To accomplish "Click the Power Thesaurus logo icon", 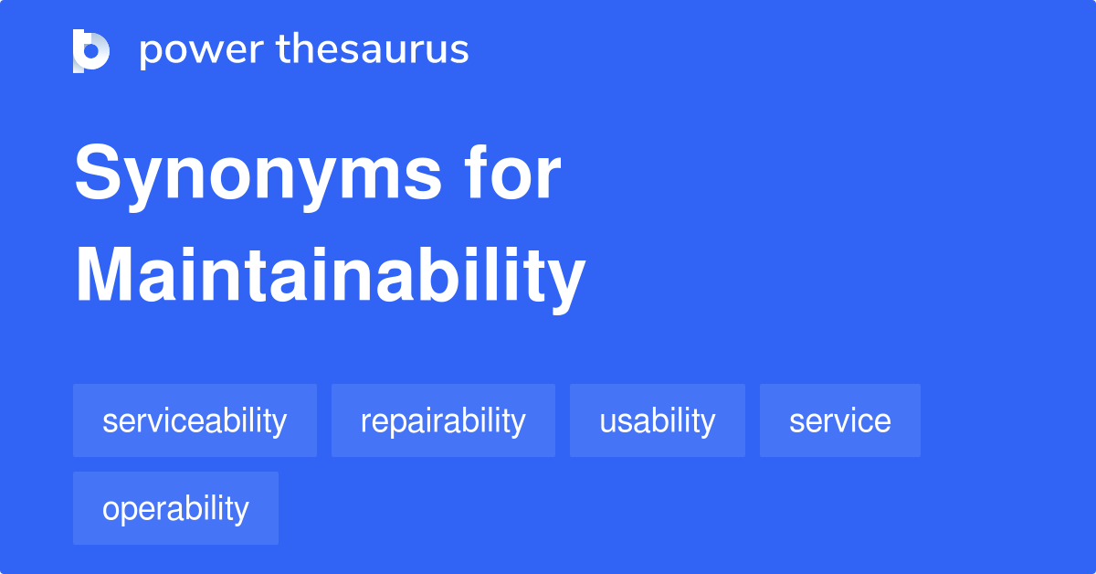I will tap(91, 50).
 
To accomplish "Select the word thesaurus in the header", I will tap(373, 50).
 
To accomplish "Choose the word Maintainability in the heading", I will tap(330, 276).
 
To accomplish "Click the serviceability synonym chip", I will tap(195, 420).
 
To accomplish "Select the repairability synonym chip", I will tap(443, 420).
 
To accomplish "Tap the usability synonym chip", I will tap(658, 420).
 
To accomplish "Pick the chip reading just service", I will tap(840, 420).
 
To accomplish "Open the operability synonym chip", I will tap(175, 508).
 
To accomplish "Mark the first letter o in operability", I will tap(110, 509).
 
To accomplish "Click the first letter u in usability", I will tap(606, 421).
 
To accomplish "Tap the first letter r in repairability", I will tap(364, 421).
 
